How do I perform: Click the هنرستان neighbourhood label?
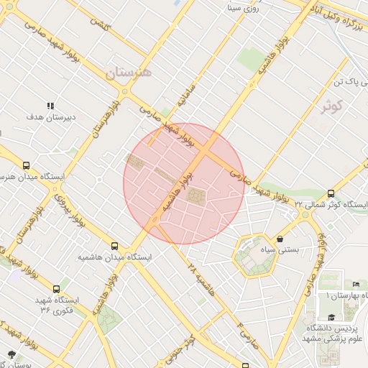[x=129, y=73]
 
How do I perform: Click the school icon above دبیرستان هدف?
[x=50, y=106]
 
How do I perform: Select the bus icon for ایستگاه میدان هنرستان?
[x=27, y=165]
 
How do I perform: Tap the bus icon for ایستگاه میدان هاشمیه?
[x=115, y=245]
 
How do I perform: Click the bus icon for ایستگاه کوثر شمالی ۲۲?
[x=331, y=193]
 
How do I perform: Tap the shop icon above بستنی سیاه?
[x=280, y=239]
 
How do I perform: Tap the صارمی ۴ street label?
[x=244, y=330]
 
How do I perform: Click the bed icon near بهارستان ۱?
[x=356, y=285]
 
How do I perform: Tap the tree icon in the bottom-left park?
[x=11, y=353]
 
